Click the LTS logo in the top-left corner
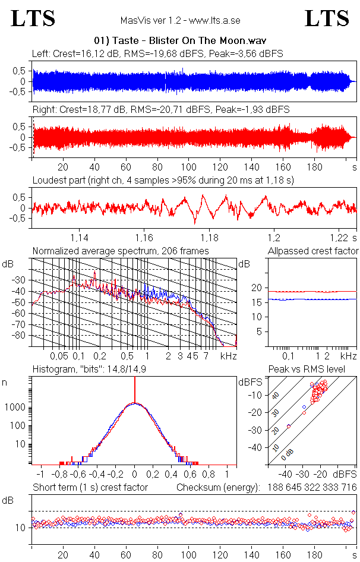33,18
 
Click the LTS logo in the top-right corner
327,18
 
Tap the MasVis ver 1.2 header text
180,20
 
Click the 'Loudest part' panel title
163,180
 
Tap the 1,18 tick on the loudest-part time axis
209,237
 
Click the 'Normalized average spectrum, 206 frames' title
121,251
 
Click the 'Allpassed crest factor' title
313,251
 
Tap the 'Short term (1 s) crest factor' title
90,488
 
